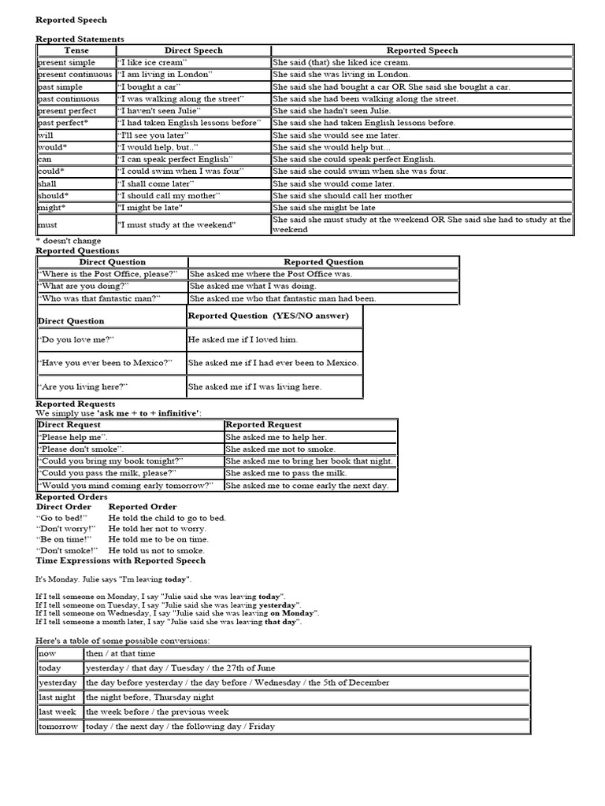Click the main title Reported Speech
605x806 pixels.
[x=71, y=20]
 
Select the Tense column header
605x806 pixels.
[x=76, y=50]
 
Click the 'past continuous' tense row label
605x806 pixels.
[x=69, y=99]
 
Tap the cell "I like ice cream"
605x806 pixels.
[x=151, y=62]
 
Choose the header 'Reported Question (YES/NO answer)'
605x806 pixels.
[x=268, y=316]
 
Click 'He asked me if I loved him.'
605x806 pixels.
[x=243, y=339]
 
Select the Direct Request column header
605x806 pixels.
[x=69, y=424]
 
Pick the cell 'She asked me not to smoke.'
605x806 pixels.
[x=276, y=449]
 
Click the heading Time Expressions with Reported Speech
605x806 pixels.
[x=121, y=560]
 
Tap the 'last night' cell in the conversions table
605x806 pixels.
[x=58, y=697]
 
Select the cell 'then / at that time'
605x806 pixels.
[x=121, y=653]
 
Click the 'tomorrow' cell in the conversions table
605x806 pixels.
[x=58, y=727]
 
